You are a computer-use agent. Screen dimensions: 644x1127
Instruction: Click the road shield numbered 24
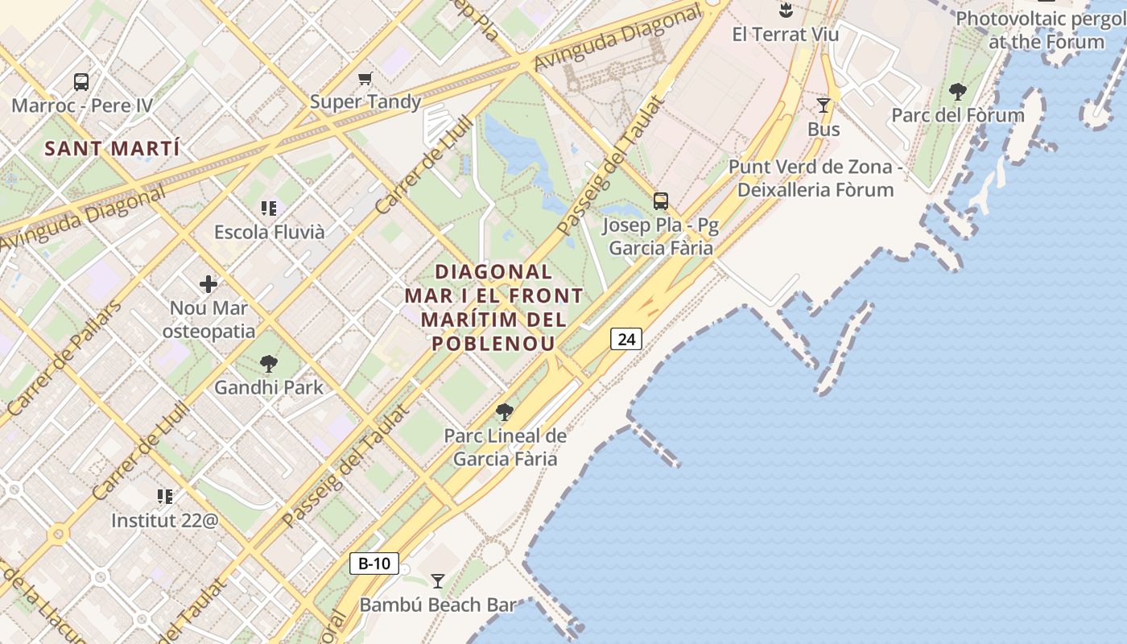coord(626,339)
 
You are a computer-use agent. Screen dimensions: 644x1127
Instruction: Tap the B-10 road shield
coord(374,563)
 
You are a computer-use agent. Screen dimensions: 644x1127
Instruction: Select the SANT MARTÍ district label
coord(112,149)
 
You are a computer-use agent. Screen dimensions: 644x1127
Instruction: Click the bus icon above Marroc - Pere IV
coord(81,81)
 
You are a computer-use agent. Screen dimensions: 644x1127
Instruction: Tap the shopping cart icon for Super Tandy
coord(365,78)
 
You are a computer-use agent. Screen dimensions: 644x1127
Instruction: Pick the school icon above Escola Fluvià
coord(269,208)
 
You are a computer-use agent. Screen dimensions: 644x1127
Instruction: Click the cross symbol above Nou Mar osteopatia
coord(208,283)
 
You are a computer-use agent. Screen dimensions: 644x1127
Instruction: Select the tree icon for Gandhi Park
coord(269,364)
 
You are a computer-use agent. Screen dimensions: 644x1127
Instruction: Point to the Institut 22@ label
coord(165,520)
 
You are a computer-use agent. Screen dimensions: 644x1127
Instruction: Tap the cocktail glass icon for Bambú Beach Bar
coord(438,580)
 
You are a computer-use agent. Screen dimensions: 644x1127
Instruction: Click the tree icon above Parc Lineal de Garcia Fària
coord(505,413)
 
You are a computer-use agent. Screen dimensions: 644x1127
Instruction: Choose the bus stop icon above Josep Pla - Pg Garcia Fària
coord(661,201)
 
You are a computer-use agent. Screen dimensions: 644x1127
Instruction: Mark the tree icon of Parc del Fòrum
coord(957,91)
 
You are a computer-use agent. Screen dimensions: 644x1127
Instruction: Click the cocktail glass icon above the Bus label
coord(824,105)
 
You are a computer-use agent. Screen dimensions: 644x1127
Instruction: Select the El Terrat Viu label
coord(786,35)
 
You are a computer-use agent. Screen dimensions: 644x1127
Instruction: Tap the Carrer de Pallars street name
coord(64,359)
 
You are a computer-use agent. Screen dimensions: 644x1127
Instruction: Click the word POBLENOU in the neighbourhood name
coord(493,344)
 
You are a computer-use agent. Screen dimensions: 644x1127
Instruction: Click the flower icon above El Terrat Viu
coord(786,10)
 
